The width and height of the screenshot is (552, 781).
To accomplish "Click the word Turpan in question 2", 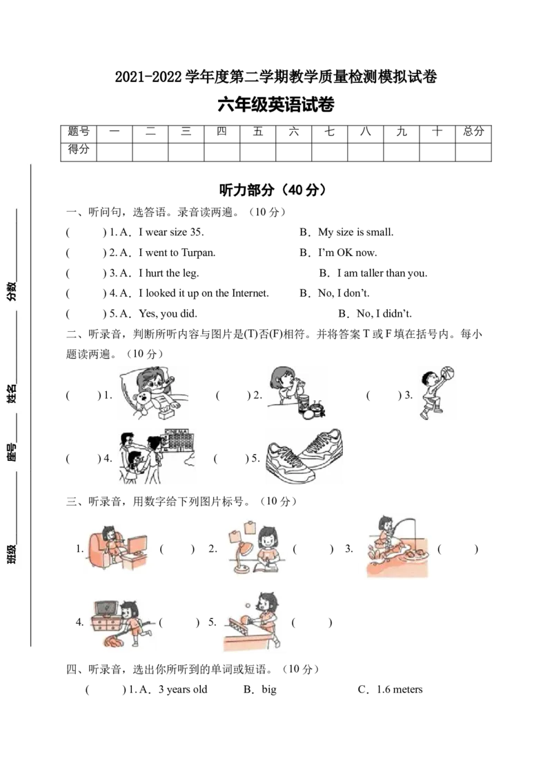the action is click(x=198, y=253).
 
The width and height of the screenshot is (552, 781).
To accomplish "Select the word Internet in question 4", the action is click(x=250, y=293).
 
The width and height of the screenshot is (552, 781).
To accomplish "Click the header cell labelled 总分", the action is click(x=473, y=132).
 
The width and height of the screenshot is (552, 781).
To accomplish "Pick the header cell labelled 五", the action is click(x=257, y=132).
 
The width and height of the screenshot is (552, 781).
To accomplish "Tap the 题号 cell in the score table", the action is click(x=78, y=132).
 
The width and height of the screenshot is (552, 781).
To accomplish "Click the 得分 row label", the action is click(x=78, y=149).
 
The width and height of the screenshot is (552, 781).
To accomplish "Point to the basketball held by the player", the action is click(x=447, y=373).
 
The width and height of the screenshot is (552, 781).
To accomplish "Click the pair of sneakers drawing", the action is click(x=304, y=455).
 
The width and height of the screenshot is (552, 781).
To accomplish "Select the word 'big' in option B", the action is click(x=269, y=690).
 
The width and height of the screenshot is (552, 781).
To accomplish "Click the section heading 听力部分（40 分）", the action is click(x=273, y=190).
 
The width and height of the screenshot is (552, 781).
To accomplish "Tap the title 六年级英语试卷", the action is click(x=276, y=105).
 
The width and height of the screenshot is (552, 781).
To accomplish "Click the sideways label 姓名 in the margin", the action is click(x=12, y=393).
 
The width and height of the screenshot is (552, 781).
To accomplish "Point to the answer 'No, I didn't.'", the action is click(x=384, y=313).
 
